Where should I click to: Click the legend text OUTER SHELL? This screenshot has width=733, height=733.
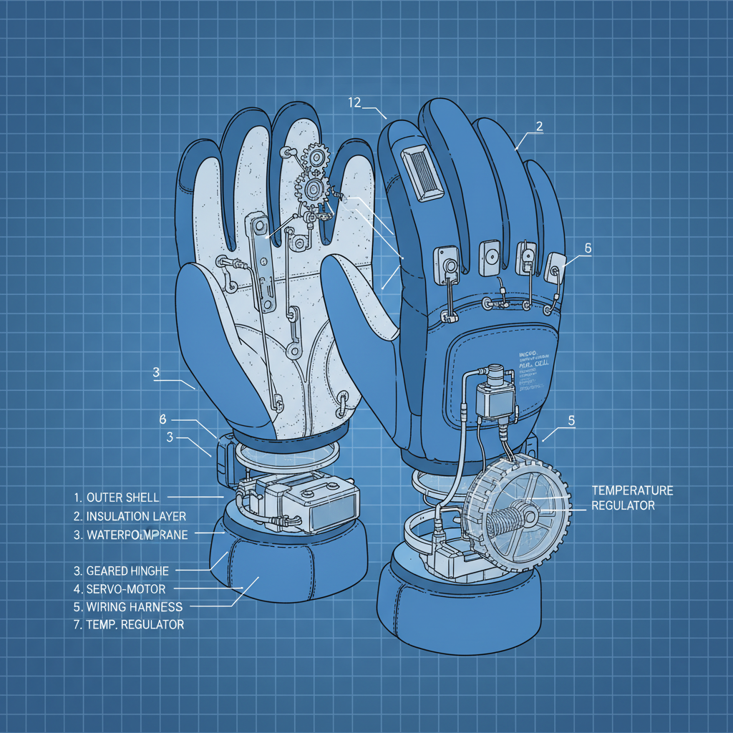click(122, 497)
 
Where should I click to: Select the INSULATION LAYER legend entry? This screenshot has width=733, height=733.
click(136, 516)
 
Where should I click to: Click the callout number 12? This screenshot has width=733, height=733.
click(354, 102)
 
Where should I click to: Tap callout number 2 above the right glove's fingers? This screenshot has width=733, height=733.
click(539, 126)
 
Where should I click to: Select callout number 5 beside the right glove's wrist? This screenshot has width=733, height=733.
click(571, 420)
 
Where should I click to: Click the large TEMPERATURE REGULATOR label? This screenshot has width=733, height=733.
click(632, 497)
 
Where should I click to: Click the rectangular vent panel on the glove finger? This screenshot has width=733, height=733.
click(419, 173)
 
